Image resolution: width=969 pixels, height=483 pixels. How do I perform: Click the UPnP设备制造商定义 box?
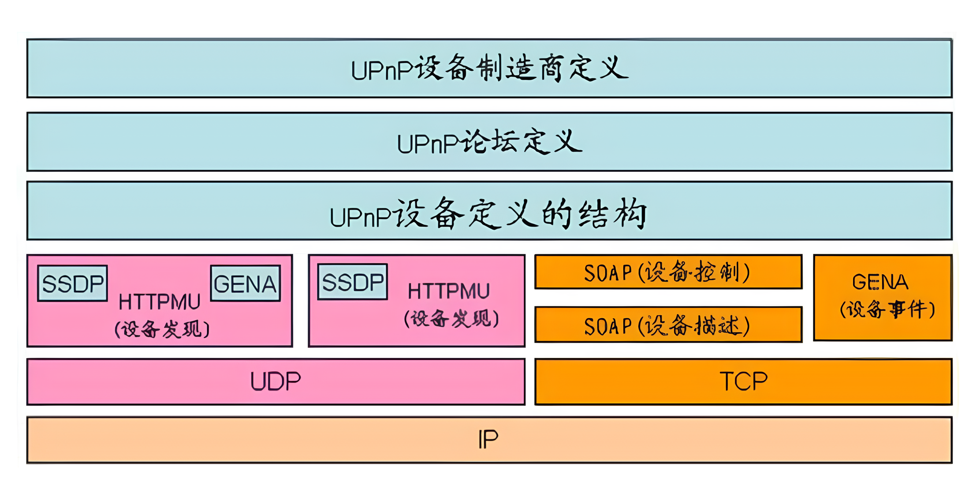489,68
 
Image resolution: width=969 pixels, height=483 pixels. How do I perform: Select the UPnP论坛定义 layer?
489,142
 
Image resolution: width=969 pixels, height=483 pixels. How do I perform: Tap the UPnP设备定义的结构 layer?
489,211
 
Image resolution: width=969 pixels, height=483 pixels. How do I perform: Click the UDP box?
276,381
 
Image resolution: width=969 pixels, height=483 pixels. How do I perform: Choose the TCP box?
743,381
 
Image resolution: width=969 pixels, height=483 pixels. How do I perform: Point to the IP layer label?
488,440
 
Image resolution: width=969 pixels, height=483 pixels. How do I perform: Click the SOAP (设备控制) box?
668,272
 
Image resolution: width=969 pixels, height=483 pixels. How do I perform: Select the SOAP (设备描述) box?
668,325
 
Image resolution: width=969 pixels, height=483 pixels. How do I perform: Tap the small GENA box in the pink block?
245,283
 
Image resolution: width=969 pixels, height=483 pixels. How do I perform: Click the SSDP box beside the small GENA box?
73,283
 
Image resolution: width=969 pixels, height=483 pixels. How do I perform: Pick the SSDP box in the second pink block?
353,282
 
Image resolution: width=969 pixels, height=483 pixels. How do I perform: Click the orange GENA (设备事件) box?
882,297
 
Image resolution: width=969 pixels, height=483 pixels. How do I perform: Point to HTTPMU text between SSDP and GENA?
160,302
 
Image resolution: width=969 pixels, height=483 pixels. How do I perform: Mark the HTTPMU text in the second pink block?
449,291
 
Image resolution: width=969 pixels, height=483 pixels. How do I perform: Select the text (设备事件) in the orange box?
887,309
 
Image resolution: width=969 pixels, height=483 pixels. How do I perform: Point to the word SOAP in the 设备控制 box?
608,273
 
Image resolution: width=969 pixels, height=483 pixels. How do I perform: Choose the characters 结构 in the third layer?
613,215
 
